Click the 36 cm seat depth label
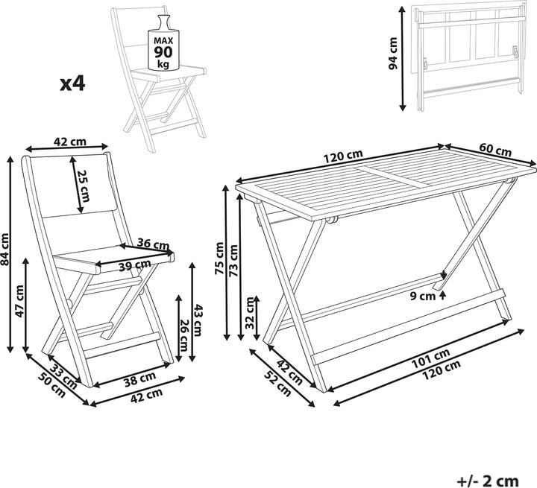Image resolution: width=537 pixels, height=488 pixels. point(154,244)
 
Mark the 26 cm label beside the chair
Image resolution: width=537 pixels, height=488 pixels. point(183,335)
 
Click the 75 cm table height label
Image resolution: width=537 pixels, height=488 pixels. point(219,257)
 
